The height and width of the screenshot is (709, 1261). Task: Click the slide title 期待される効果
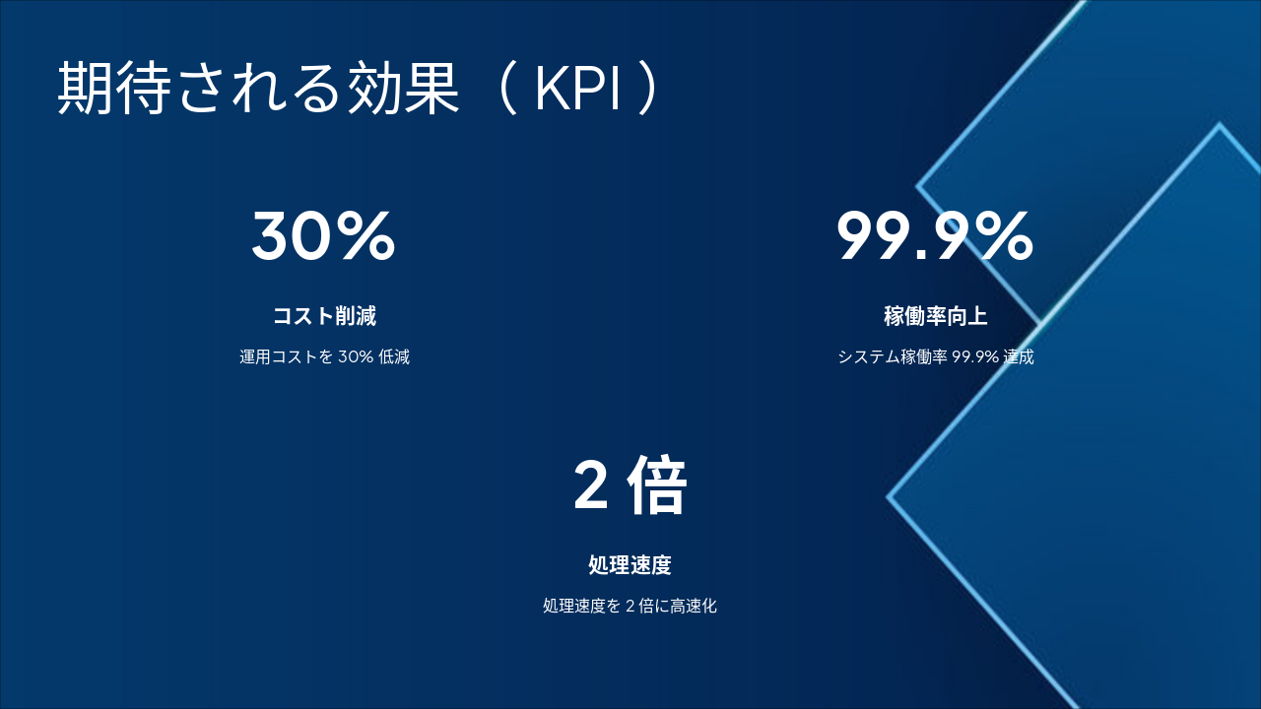pos(258,90)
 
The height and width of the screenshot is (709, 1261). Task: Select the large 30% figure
pos(323,236)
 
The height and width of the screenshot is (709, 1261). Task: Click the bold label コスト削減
pos(324,316)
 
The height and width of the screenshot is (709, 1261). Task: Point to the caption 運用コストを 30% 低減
pos(324,356)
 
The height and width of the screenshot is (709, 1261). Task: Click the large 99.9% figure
pos(935,236)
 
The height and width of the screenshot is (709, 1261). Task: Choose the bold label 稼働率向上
pos(935,316)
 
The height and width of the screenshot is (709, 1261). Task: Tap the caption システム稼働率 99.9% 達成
pos(935,356)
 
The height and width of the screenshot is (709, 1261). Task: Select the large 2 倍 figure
pos(630,486)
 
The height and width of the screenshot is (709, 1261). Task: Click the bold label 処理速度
pos(630,565)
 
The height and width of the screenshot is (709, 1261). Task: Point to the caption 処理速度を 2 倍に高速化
pos(630,606)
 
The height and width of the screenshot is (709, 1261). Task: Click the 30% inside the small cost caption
pos(355,356)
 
